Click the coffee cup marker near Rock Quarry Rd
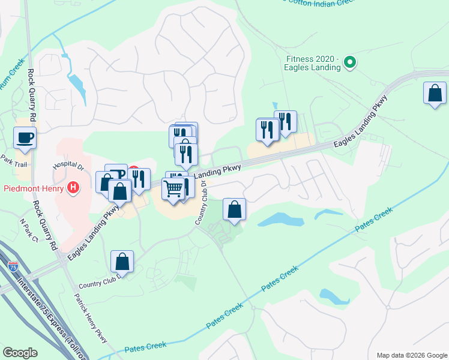[25, 138]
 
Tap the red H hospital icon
[73, 188]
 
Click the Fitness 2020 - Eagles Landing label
[313, 63]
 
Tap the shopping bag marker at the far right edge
[435, 94]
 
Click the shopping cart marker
[173, 188]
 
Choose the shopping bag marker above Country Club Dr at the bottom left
[122, 262]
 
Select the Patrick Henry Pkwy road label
[92, 319]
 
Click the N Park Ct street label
[28, 231]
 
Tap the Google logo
[20, 353]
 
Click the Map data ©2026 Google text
[411, 355]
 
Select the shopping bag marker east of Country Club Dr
[235, 210]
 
